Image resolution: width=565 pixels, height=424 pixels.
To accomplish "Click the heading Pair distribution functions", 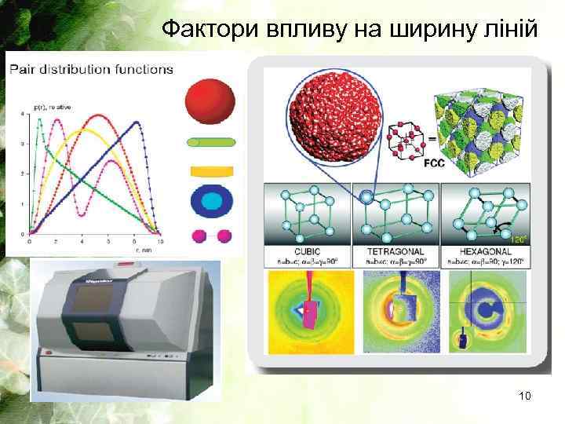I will (91, 69).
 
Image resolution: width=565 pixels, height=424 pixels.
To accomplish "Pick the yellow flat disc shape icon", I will (212, 170).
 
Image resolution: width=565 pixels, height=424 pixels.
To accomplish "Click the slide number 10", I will (524, 397).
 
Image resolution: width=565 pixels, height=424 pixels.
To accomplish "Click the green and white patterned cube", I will (479, 130).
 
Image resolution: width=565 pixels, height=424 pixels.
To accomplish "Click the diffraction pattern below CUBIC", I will (307, 310).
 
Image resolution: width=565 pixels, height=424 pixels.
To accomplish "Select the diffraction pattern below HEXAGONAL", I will (484, 310).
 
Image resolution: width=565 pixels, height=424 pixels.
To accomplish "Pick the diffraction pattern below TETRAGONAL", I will (395, 310).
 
